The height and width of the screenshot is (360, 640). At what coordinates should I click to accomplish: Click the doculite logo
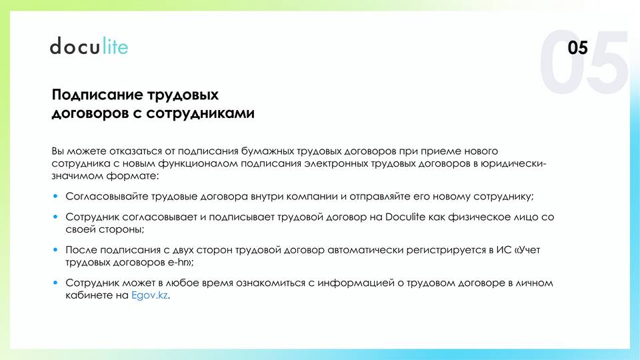(89, 46)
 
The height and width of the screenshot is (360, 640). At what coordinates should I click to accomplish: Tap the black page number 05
(577, 48)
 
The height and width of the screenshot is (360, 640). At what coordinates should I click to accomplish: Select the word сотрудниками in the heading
(200, 113)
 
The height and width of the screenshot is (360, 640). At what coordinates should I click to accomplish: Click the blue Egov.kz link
(149, 295)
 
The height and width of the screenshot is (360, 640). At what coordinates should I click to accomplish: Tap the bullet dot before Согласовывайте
(55, 196)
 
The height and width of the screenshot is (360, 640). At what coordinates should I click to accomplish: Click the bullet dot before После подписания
(55, 250)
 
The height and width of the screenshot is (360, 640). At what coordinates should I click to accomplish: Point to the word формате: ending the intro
(133, 176)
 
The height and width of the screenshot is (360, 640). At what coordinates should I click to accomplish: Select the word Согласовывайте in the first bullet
(107, 196)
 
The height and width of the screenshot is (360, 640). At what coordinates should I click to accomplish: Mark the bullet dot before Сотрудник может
(55, 283)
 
